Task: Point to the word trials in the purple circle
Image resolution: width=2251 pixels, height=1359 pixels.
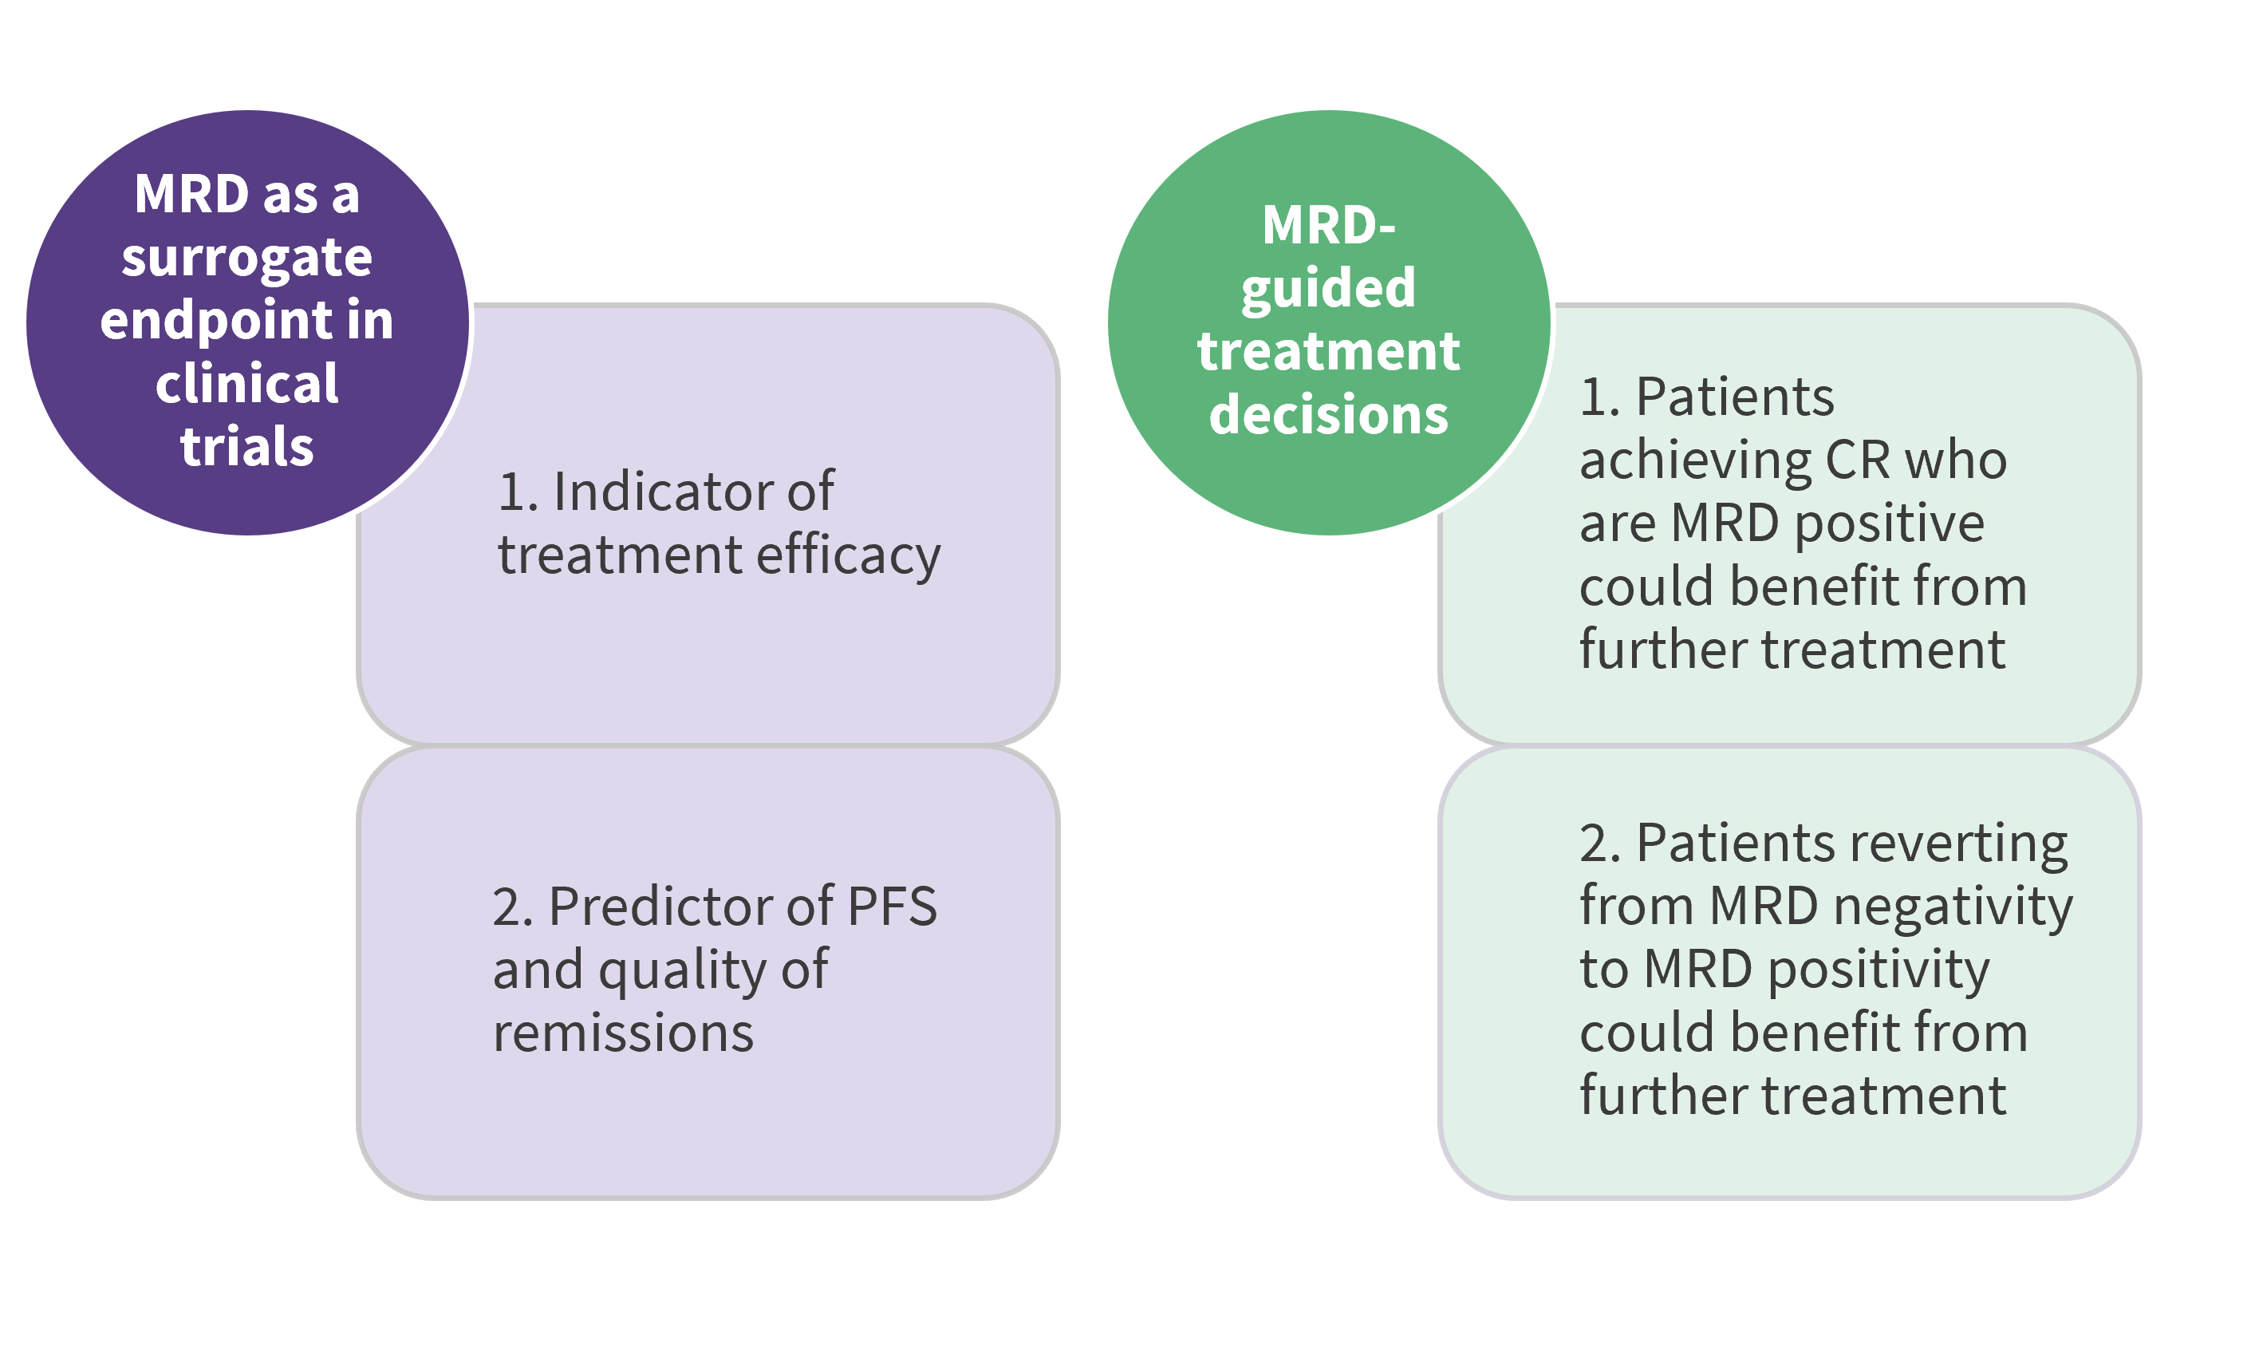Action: [x=246, y=446]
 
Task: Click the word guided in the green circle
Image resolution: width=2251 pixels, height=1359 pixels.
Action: [x=1327, y=290]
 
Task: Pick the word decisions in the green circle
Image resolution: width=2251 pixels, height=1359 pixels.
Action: [x=1328, y=414]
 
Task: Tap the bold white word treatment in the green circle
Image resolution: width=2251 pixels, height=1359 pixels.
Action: [x=1328, y=351]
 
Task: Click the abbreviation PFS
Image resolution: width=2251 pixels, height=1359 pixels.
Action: [x=892, y=906]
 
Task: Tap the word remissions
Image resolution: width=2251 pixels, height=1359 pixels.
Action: [x=623, y=1033]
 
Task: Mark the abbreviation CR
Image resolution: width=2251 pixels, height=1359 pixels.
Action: [x=1857, y=459]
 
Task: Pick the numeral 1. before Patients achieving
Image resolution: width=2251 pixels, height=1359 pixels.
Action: [x=1599, y=397]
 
